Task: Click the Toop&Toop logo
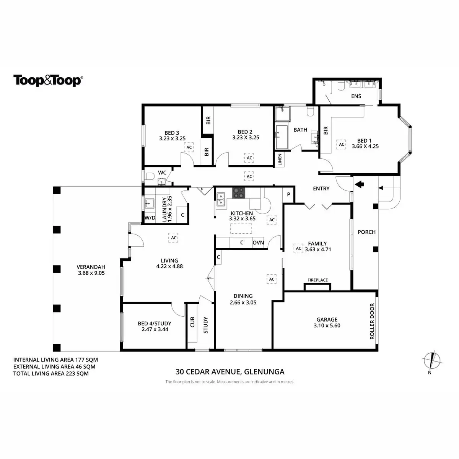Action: click(x=48, y=81)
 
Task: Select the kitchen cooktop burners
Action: click(x=239, y=193)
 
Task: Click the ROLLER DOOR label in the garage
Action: click(x=372, y=322)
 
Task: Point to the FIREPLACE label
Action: click(x=317, y=280)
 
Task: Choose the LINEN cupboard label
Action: click(x=280, y=160)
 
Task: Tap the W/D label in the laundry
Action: click(x=150, y=218)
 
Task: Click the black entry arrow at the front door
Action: click(x=359, y=185)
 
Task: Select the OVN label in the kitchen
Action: click(x=258, y=243)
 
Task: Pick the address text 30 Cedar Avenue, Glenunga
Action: click(x=230, y=371)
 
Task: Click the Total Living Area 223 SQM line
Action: click(x=51, y=373)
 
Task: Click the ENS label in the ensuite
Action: click(x=356, y=96)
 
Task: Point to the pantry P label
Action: click(x=289, y=195)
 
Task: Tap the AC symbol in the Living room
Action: click(x=174, y=238)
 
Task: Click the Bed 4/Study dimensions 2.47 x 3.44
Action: click(x=155, y=329)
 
